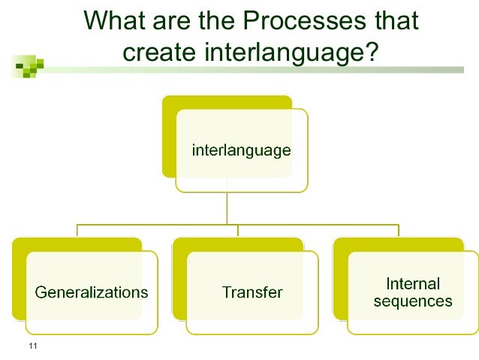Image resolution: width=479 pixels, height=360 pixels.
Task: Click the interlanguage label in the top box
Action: click(x=241, y=150)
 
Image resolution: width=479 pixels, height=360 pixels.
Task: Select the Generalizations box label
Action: click(x=92, y=292)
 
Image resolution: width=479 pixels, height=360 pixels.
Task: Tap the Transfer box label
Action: click(x=252, y=292)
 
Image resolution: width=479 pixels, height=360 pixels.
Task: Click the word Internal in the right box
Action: click(x=412, y=284)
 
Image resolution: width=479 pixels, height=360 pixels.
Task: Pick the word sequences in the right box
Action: click(x=412, y=301)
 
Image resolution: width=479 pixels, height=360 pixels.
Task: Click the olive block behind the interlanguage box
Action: click(x=170, y=135)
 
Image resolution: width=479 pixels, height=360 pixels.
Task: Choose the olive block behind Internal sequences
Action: click(x=340, y=278)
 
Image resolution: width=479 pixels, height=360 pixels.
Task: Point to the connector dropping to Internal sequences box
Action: click(x=398, y=231)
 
